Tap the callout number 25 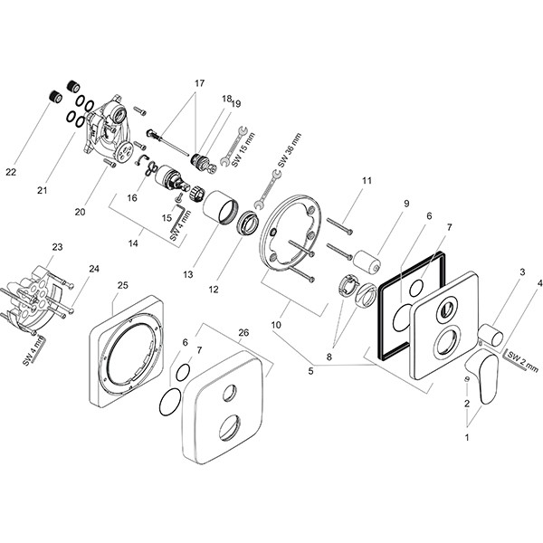tap(122, 286)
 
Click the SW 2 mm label tap(518, 359)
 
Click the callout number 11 tap(367, 182)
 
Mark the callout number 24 tap(94, 269)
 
